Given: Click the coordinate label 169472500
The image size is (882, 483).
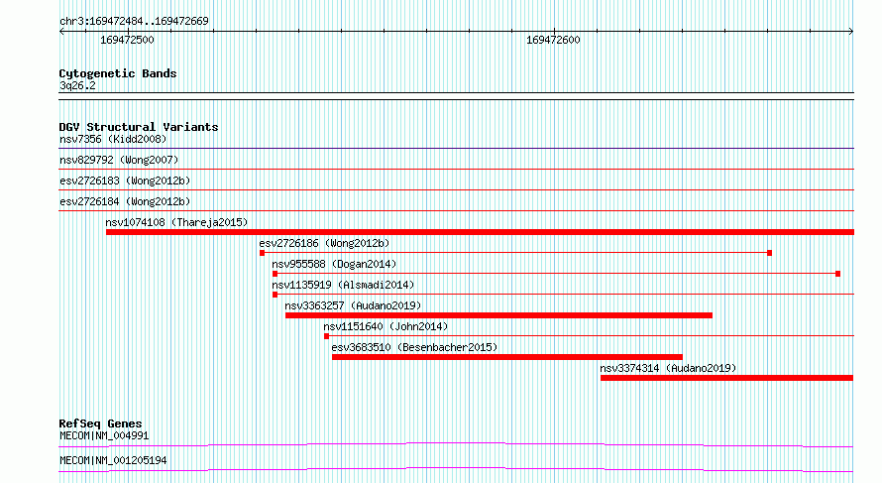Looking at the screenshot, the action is click(x=127, y=40).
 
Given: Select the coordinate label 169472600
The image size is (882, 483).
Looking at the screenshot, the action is click(x=553, y=40).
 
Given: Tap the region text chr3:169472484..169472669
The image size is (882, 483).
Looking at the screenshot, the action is click(x=134, y=21).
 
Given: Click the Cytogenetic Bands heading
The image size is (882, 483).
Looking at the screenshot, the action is click(x=118, y=73).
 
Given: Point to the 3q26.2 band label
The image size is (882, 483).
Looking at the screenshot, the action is click(x=77, y=85).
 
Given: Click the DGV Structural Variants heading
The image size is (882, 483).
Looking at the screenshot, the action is click(x=139, y=127).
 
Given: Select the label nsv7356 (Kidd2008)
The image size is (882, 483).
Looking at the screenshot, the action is click(x=113, y=139).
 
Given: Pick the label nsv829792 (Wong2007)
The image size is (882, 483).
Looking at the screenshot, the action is click(x=119, y=160).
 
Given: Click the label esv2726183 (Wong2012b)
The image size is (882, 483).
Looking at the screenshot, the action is click(x=125, y=181).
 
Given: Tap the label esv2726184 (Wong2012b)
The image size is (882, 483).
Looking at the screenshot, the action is click(x=125, y=201).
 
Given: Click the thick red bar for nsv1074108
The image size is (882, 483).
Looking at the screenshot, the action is click(x=480, y=232).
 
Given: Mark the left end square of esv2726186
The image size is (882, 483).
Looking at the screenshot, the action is click(x=263, y=253).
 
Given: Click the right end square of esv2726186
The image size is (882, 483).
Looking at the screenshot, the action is click(x=769, y=253).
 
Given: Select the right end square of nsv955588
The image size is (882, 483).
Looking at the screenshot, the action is click(x=837, y=274).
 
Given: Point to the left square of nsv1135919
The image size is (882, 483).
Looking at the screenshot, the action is click(x=276, y=295).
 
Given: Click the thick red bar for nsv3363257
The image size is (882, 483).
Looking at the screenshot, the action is click(x=498, y=315).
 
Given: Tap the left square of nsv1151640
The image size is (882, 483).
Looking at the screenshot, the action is click(x=326, y=336).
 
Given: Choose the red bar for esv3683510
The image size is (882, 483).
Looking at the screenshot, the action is click(x=507, y=357).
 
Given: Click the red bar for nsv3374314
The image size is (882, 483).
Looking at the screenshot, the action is click(x=726, y=378).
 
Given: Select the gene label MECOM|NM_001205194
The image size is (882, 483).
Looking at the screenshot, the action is click(x=113, y=460).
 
